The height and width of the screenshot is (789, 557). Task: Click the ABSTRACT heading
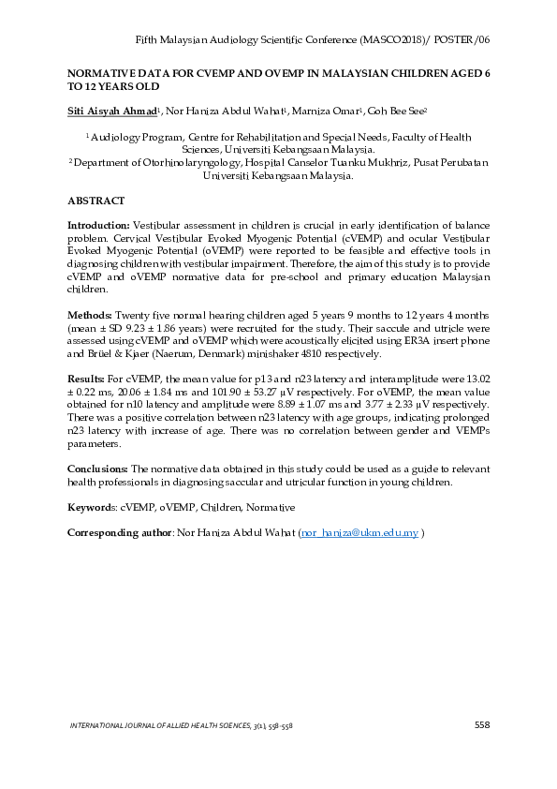point(96,201)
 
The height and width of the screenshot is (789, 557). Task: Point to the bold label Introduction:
point(98,227)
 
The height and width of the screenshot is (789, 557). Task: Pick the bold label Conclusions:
point(98,468)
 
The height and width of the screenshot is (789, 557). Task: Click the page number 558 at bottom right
point(482,724)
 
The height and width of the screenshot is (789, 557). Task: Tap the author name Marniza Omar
point(334,111)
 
